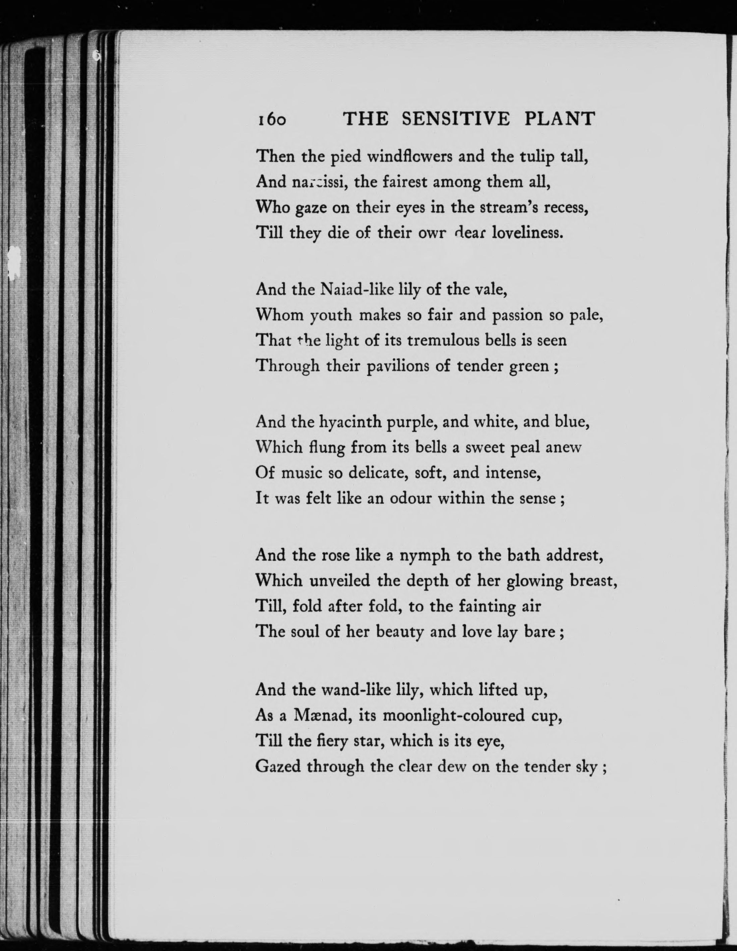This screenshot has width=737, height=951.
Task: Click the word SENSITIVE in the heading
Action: (x=455, y=119)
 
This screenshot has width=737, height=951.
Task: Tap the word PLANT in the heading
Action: (x=560, y=119)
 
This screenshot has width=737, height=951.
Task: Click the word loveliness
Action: (x=528, y=233)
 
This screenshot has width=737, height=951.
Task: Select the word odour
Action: (x=409, y=498)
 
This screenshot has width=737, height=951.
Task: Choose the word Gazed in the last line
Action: (x=278, y=766)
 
